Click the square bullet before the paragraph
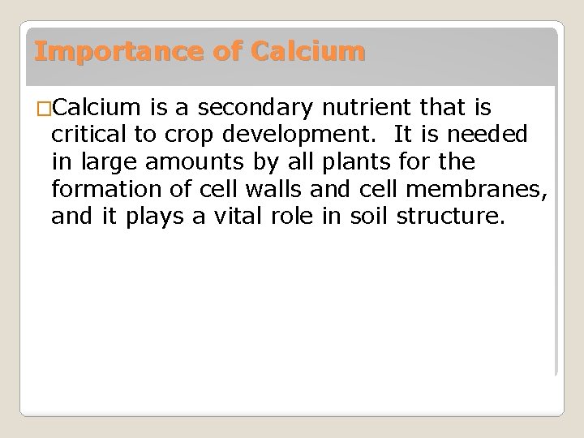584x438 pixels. click(43, 108)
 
